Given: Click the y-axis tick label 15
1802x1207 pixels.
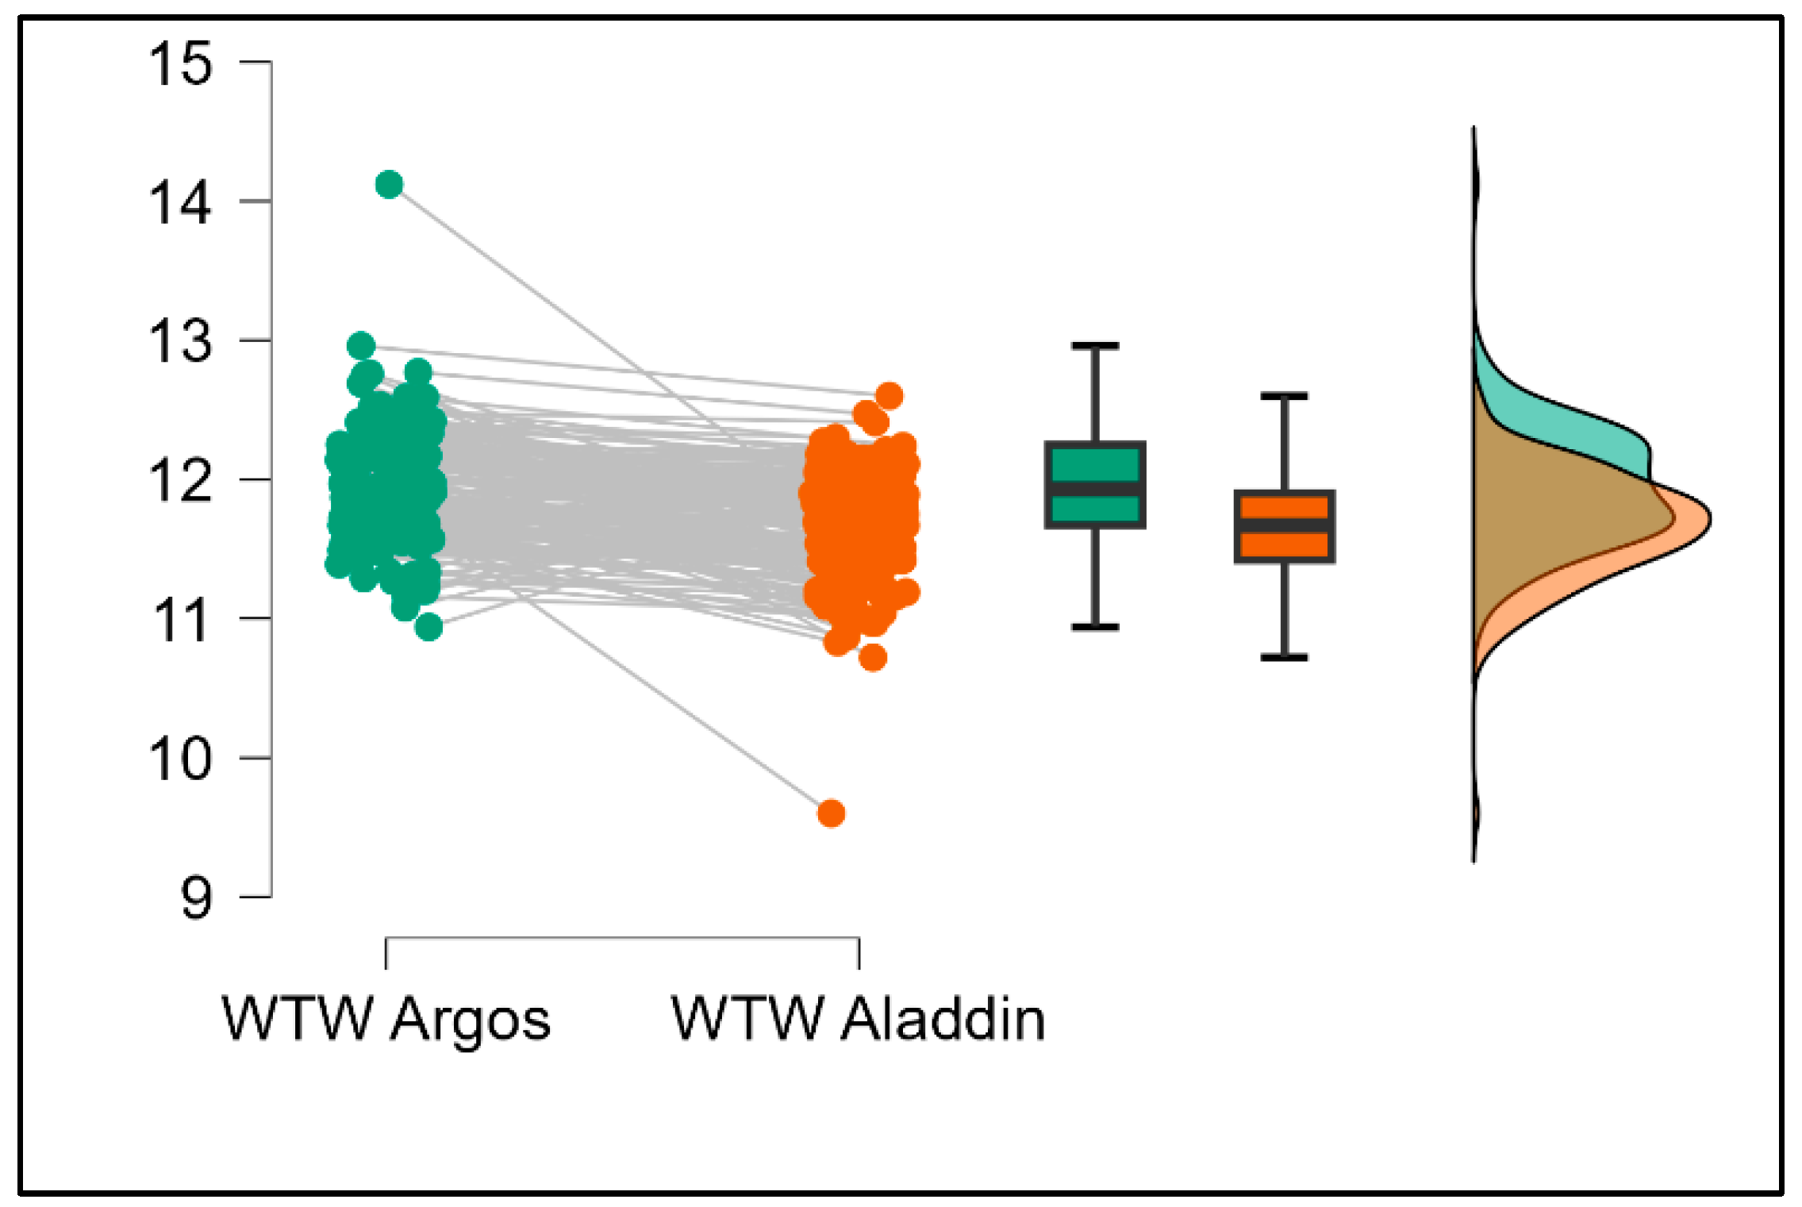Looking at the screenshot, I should pos(181,63).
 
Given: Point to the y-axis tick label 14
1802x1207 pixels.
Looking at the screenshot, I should pos(181,202).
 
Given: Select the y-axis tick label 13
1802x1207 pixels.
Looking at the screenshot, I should pos(181,342).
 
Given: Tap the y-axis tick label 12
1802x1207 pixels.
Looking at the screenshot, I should pos(181,481).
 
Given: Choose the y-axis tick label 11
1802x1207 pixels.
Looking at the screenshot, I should pos(181,621).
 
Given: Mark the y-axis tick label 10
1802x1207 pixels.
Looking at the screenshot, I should pos(181,759).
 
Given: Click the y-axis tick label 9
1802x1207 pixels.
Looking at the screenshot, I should pos(196,898).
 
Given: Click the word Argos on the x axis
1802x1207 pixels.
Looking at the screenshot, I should pos(470,1021).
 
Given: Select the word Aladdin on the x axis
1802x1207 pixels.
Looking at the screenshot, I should pos(943,1019).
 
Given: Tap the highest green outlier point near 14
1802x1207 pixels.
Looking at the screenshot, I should pos(389,185).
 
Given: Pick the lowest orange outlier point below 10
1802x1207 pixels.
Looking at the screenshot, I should pos(831,813).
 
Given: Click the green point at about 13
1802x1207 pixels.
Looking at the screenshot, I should pos(361,346).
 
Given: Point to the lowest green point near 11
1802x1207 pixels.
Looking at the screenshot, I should pos(428,627).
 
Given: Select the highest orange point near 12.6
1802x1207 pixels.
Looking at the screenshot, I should pos(889,395).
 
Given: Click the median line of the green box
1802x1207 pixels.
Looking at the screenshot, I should pos(1095,488).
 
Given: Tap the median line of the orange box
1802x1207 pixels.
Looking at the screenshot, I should pos(1284,526).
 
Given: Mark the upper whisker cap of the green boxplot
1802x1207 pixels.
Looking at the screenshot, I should pos(1095,346).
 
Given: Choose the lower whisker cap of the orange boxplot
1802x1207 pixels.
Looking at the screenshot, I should pos(1284,657).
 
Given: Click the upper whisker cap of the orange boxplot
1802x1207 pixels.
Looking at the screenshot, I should pos(1284,395).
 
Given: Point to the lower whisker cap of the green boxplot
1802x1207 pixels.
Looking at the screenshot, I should pos(1095,627).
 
